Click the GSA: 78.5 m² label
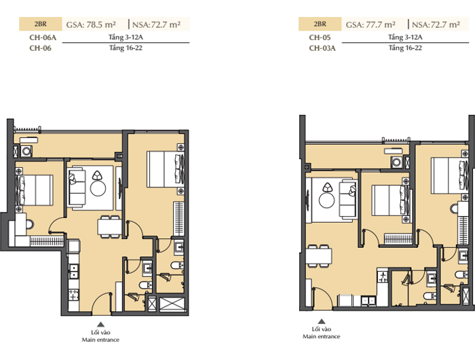click(x=91, y=24)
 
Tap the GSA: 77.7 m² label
click(x=370, y=24)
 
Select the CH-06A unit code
click(x=43, y=37)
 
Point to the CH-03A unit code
click(x=322, y=48)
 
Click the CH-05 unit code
click(x=320, y=37)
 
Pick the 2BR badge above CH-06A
click(x=41, y=24)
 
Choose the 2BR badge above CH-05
click(x=320, y=24)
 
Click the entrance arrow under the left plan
click(x=100, y=324)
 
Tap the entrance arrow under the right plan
click(x=322, y=321)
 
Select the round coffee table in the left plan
click(x=98, y=188)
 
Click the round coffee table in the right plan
click(x=327, y=200)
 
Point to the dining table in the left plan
click(x=109, y=227)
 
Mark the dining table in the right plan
click(x=319, y=256)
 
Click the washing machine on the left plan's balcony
click(x=26, y=151)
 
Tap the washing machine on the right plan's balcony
click(x=396, y=162)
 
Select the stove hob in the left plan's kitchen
click(x=73, y=295)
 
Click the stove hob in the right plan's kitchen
click(x=383, y=276)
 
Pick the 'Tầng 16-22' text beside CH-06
click(x=126, y=48)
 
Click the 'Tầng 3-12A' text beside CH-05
click(x=405, y=37)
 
